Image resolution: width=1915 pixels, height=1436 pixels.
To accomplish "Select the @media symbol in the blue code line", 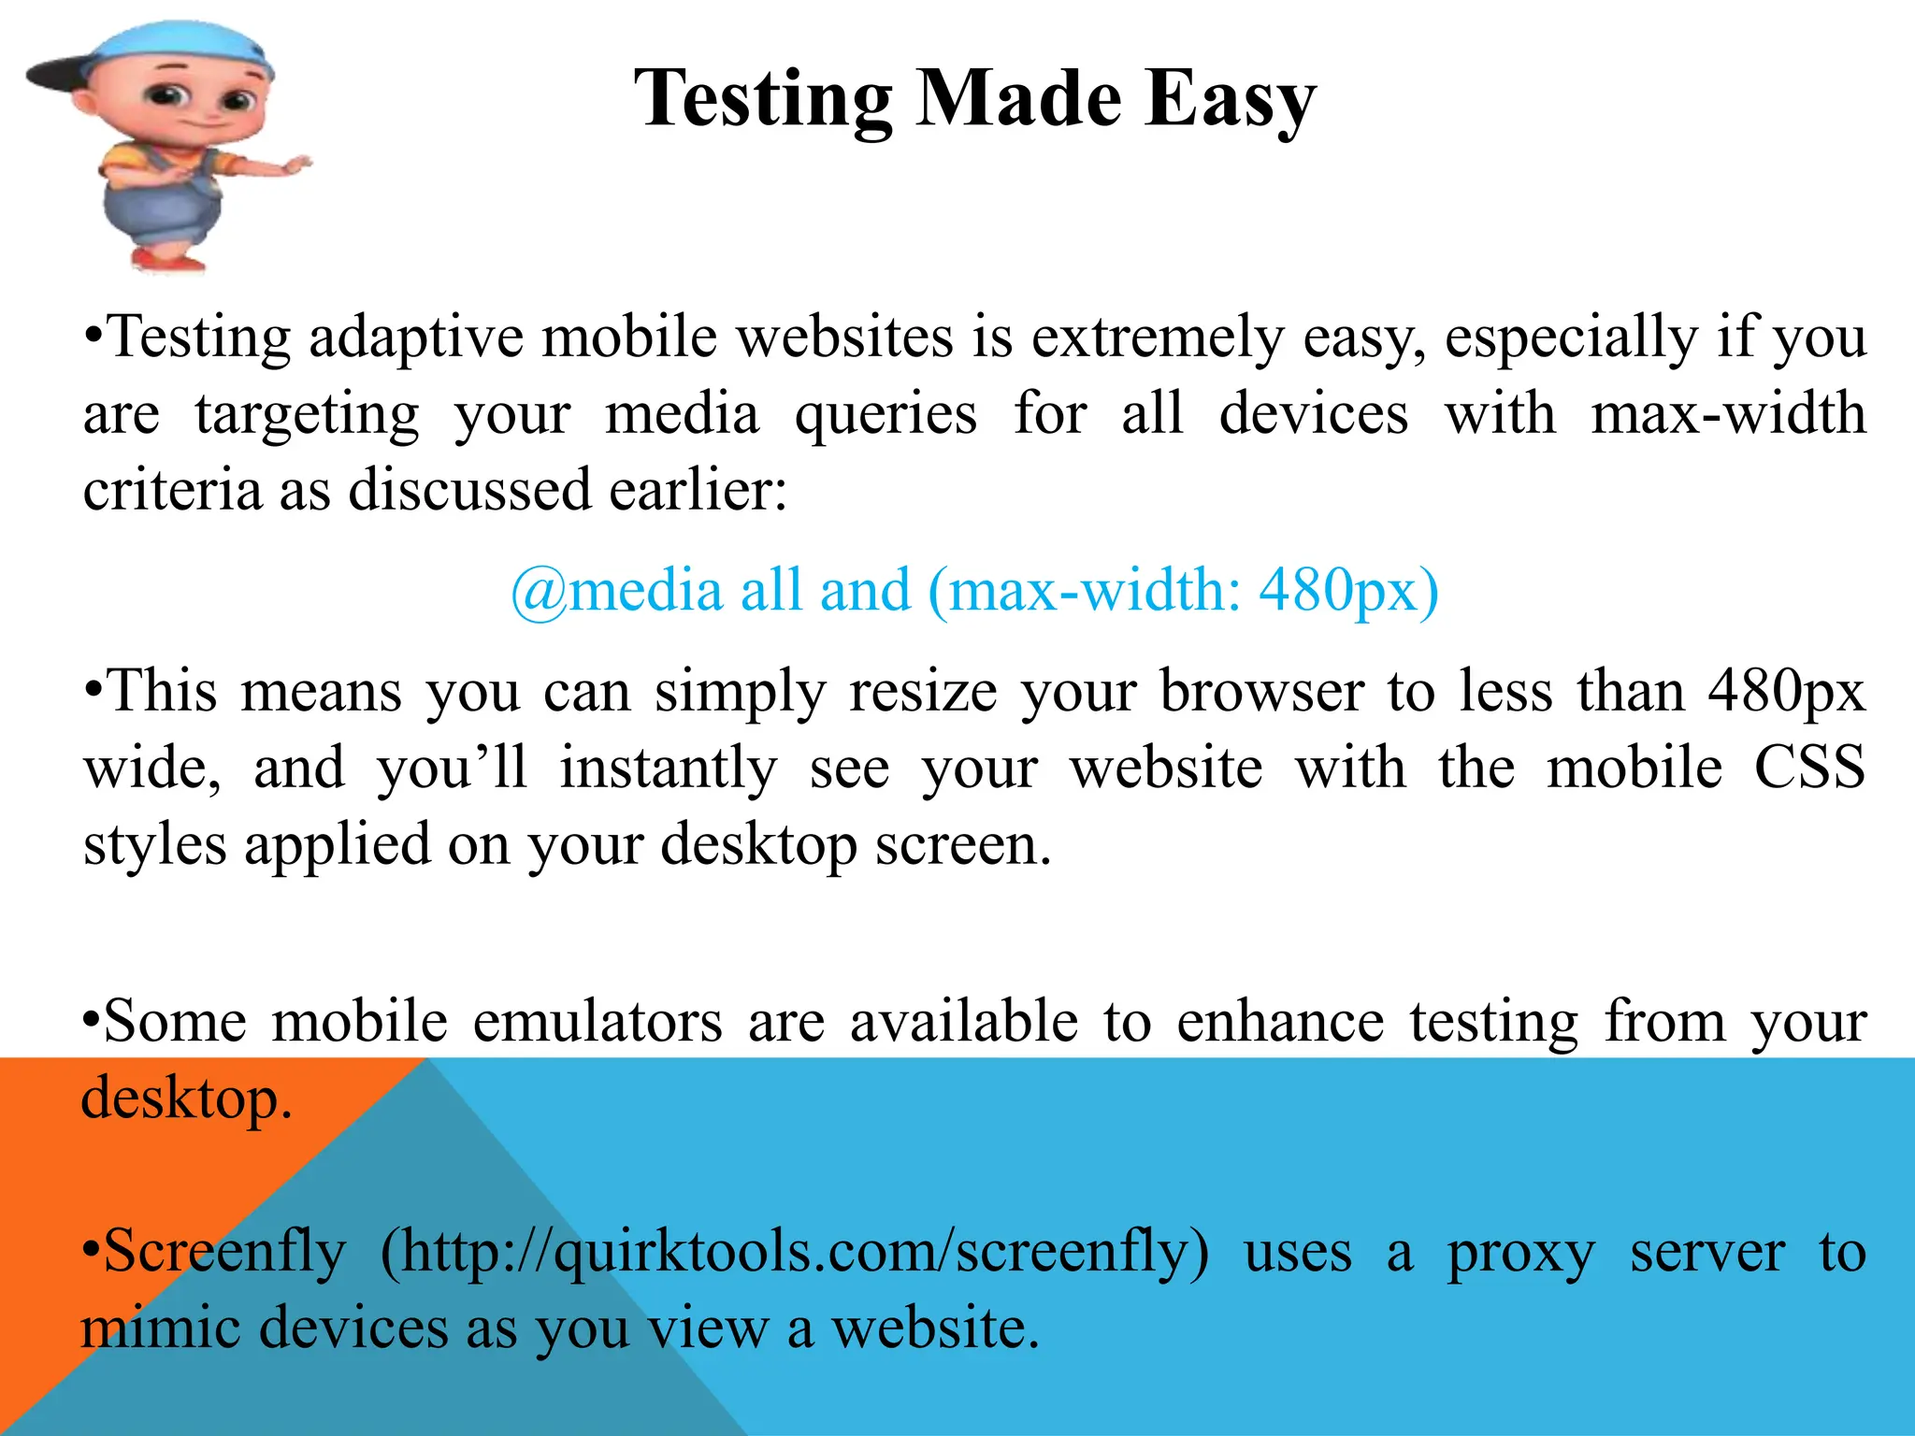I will [x=539, y=592].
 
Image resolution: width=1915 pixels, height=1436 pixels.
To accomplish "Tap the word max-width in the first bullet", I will [x=1728, y=414].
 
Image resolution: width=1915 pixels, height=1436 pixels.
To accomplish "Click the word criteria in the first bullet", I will [x=172, y=490].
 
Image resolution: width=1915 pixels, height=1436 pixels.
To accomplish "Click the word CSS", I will [x=1809, y=768].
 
